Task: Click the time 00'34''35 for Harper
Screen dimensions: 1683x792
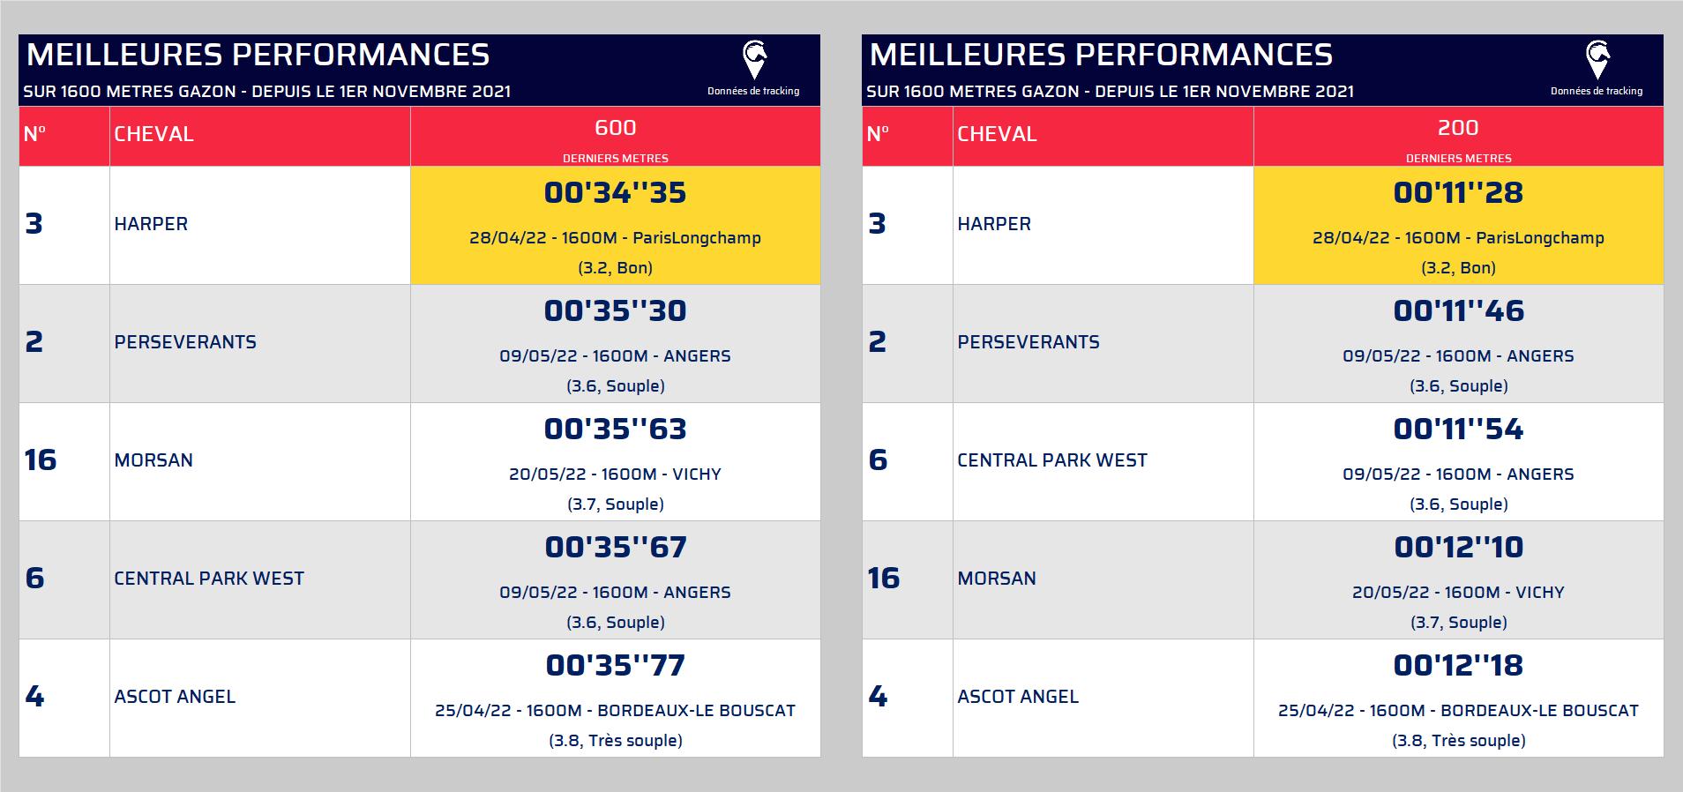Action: [x=615, y=192]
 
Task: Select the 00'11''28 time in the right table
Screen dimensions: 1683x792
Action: [x=1458, y=192]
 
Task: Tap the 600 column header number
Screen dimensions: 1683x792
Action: [x=615, y=128]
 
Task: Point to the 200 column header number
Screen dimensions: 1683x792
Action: [x=1458, y=128]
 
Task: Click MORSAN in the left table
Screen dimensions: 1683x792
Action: [x=153, y=460]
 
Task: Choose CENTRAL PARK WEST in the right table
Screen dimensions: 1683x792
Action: [x=1052, y=460]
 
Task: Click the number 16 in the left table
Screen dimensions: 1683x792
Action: [x=41, y=460]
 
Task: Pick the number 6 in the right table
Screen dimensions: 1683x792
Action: [x=878, y=460]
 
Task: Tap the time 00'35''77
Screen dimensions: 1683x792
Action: [x=615, y=665]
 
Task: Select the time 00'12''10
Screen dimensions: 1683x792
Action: [x=1458, y=547]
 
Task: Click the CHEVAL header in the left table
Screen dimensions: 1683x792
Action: [x=153, y=134]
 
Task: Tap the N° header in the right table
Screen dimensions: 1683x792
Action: [x=878, y=134]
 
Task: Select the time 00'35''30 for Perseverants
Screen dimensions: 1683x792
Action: [x=615, y=310]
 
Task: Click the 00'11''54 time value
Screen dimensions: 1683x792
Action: [x=1458, y=429]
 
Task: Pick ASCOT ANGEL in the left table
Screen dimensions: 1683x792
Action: [x=175, y=697]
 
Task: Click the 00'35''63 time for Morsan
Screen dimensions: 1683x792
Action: [x=615, y=429]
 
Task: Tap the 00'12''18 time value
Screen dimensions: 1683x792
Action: [x=1458, y=665]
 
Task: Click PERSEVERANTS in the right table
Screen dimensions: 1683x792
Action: [x=1028, y=342]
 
